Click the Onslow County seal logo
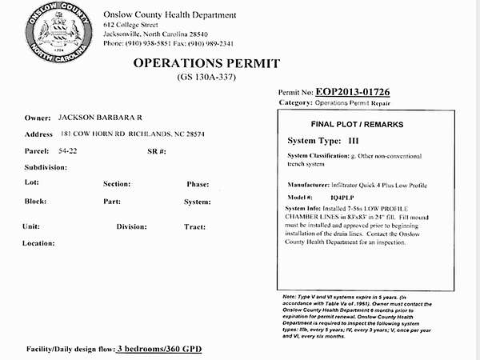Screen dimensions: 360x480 pos(55,33)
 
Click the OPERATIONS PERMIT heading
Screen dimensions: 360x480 pos(206,63)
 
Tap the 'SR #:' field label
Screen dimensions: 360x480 pos(158,150)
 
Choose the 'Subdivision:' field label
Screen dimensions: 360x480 pos(46,167)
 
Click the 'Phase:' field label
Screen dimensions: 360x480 pos(198,184)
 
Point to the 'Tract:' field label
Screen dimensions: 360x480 pos(195,226)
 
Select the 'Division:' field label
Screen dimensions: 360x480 pos(131,226)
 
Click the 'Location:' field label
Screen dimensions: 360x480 pos(39,243)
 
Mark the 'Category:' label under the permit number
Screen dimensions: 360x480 pos(294,103)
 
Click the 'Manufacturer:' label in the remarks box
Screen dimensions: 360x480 pos(308,185)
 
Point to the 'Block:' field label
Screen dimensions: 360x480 pos(35,201)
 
